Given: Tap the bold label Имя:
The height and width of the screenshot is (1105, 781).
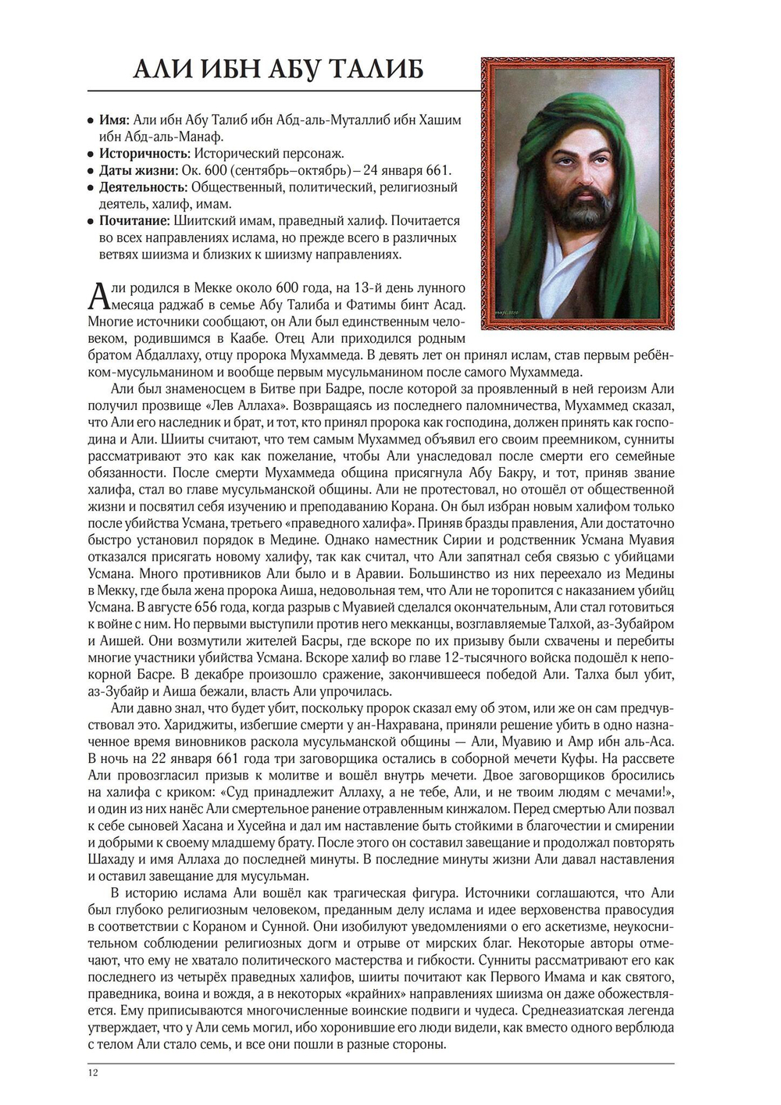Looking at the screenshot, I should (x=114, y=120).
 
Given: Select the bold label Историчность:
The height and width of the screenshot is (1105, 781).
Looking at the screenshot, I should (x=144, y=154).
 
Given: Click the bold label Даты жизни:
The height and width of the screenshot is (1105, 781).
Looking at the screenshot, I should (x=137, y=170).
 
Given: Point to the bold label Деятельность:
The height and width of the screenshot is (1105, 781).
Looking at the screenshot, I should (x=143, y=187).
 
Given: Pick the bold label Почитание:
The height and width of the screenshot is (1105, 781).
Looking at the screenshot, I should (x=134, y=221).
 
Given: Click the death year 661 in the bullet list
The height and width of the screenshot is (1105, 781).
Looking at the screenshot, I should (x=438, y=170).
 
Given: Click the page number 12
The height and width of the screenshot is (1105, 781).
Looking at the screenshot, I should (x=93, y=1072).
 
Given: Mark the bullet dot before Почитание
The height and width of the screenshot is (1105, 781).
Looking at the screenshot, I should (x=91, y=222).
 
